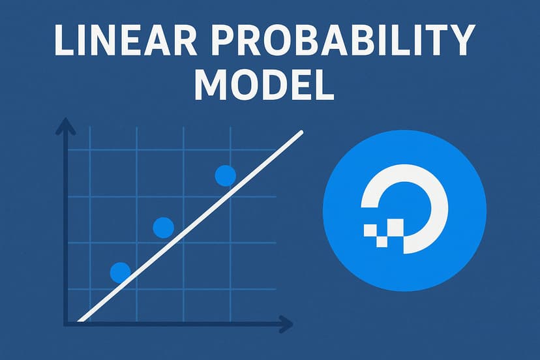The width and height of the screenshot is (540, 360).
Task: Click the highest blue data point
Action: click(225, 175)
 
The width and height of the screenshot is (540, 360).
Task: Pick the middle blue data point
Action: click(163, 228)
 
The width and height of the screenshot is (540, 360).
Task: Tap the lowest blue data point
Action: click(120, 272)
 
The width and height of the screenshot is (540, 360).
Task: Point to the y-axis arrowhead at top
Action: click(65, 125)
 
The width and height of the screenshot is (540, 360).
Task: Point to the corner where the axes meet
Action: click(66, 322)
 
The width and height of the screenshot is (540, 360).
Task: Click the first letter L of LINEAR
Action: click(64, 42)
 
